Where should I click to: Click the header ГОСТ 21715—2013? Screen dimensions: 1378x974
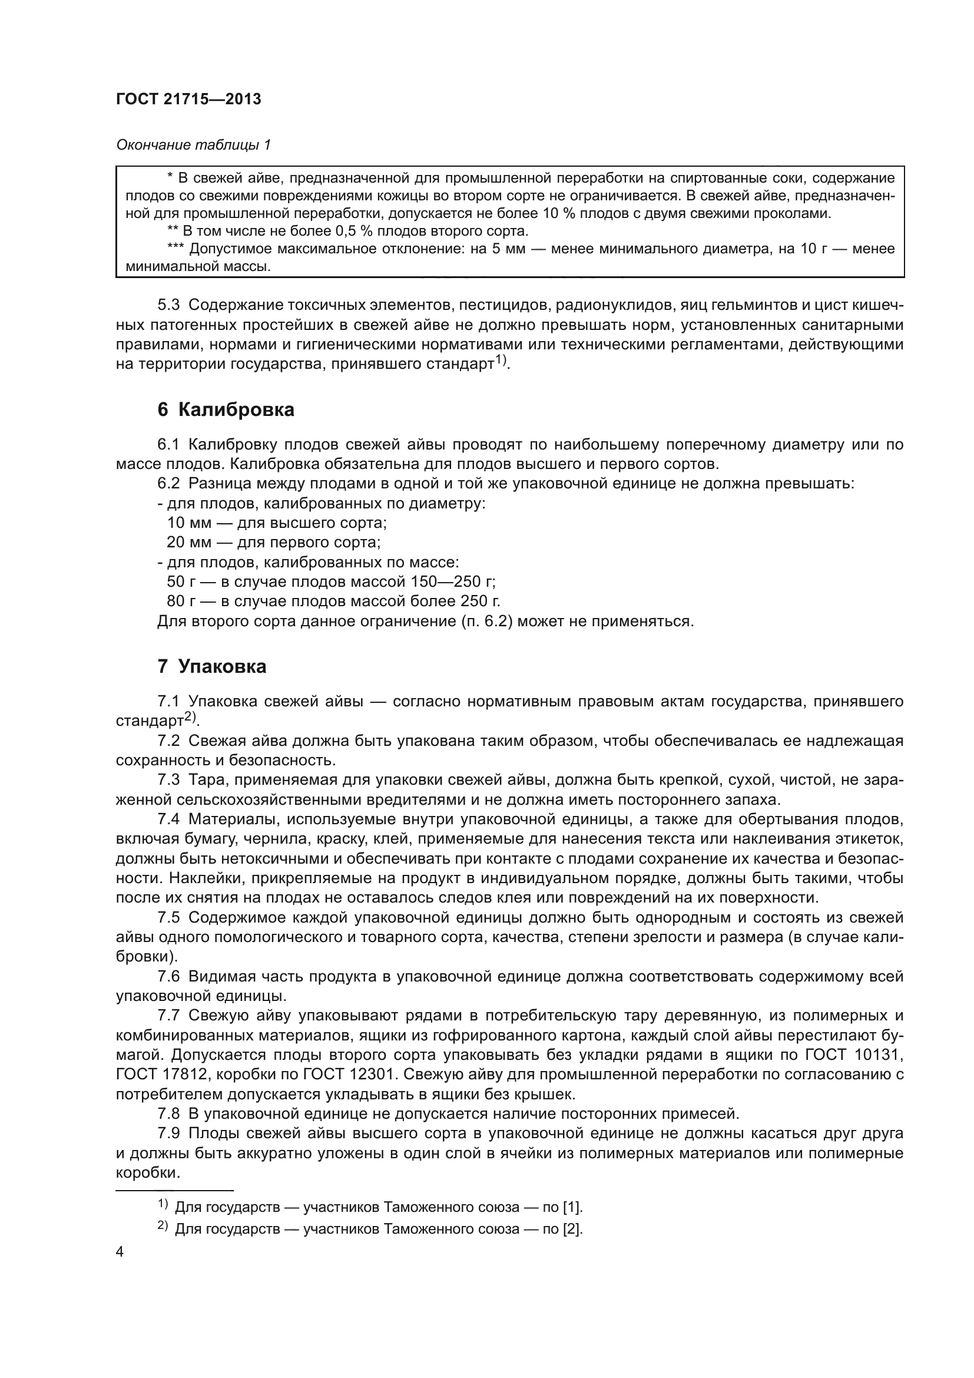pyautogui.click(x=188, y=100)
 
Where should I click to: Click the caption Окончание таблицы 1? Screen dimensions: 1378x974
pyautogui.click(x=193, y=145)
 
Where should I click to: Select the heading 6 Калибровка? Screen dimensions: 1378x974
pyautogui.click(x=226, y=410)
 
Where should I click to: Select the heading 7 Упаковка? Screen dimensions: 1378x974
pyautogui.click(x=212, y=666)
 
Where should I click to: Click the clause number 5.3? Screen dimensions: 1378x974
pyautogui.click(x=168, y=305)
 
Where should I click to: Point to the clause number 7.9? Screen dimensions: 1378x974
pyautogui.click(x=168, y=1133)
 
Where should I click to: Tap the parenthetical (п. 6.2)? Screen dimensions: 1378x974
pyautogui.click(x=486, y=621)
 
